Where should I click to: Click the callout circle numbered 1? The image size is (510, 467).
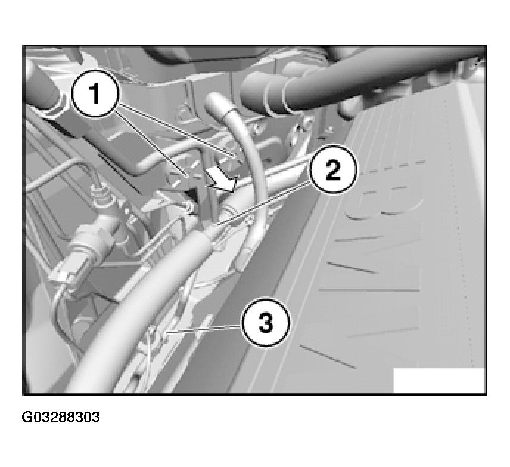tap(95, 94)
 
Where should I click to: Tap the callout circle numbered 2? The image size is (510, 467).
tap(333, 169)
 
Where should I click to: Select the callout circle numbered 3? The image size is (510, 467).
tap(265, 322)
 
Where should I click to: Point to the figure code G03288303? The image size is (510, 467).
tap(61, 417)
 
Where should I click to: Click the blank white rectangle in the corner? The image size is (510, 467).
tap(439, 380)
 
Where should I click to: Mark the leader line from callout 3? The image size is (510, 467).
tap(204, 330)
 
